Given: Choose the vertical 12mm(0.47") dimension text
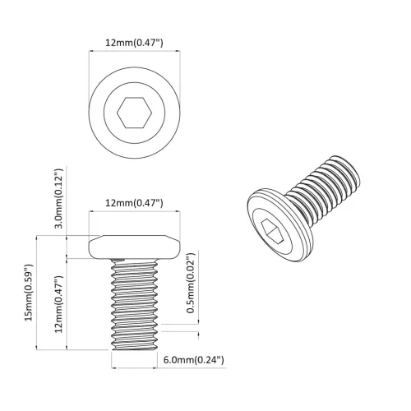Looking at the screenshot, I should click(58, 303).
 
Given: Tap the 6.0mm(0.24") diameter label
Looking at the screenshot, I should click(193, 360).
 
